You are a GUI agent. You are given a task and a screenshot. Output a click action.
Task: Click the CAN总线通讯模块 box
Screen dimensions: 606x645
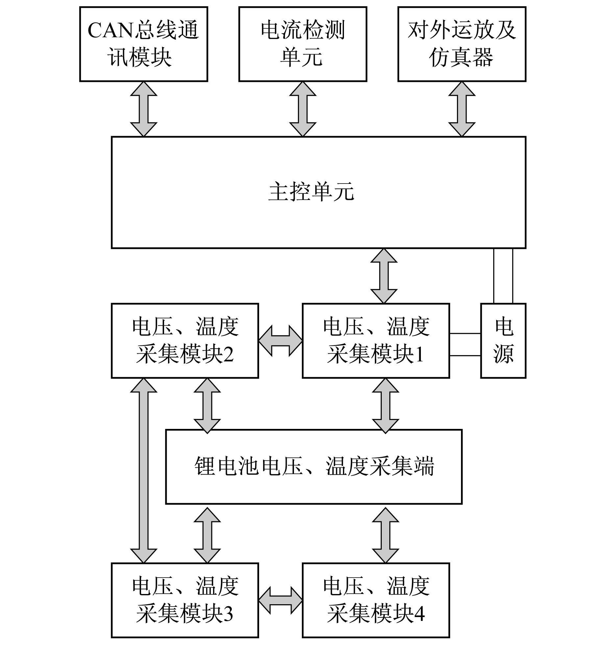144,44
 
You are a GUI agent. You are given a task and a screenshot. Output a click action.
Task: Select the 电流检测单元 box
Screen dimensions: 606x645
303,44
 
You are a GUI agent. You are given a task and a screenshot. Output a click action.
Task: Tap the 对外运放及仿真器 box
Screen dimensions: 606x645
462,44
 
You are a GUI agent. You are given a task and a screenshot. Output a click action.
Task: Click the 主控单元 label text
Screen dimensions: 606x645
311,192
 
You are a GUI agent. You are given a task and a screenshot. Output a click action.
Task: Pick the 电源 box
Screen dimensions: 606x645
503,341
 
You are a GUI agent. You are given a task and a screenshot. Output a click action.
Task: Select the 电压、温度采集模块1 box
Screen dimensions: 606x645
376,341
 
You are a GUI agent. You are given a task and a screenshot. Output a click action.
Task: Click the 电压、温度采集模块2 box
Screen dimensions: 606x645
185,341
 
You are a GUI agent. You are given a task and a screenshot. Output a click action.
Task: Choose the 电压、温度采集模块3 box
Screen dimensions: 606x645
185,600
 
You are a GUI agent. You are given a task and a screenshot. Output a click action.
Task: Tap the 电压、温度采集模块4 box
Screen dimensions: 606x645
376,600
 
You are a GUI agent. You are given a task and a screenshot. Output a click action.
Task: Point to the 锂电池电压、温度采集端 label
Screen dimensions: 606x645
314,466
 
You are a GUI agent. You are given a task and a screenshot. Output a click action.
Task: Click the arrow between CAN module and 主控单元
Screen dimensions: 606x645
144,109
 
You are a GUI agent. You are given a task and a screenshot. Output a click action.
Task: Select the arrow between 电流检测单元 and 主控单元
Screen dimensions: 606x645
303,109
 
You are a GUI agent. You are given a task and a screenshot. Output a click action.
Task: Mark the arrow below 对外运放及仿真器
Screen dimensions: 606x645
462,109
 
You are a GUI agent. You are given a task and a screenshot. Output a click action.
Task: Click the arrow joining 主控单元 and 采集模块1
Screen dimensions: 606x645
384,276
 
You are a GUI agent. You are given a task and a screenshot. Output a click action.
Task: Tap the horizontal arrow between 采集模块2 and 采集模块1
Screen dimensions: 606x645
280,341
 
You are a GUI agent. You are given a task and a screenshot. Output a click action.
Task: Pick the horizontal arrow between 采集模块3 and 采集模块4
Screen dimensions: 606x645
280,600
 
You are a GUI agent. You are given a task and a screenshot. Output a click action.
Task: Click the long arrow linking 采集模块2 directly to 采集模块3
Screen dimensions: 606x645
144,470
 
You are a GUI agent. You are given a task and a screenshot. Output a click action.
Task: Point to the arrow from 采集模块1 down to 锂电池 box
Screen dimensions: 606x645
385,406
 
